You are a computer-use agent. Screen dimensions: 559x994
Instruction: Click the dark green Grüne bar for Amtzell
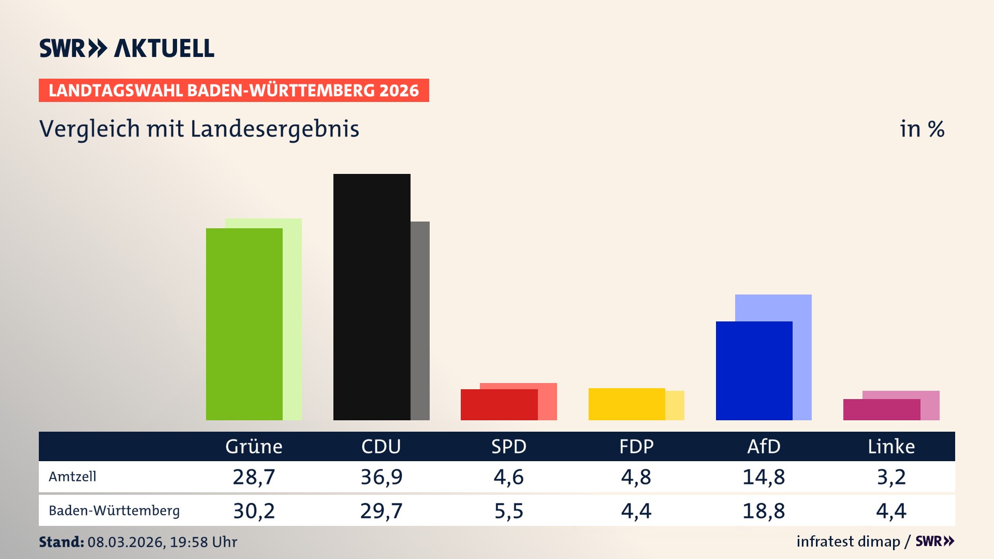click(244, 324)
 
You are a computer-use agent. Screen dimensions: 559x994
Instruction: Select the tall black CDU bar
click(372, 297)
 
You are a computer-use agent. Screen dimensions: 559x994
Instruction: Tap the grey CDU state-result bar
click(420, 321)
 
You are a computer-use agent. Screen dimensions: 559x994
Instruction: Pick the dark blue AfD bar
click(754, 371)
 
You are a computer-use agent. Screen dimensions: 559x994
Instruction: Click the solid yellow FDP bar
click(626, 404)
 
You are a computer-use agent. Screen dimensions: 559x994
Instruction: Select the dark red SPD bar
click(499, 405)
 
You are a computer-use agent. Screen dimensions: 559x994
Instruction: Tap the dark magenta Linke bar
click(881, 409)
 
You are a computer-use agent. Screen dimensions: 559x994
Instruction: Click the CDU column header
click(381, 446)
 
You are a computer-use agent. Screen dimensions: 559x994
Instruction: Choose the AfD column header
click(764, 446)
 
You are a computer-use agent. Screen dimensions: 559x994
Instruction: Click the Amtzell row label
click(72, 477)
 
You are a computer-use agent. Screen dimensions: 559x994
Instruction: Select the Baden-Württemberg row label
click(114, 511)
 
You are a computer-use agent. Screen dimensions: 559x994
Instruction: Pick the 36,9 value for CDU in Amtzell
click(381, 477)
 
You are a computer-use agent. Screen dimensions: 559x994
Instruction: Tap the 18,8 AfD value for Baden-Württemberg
click(764, 511)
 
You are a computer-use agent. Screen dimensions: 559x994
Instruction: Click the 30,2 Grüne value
click(254, 511)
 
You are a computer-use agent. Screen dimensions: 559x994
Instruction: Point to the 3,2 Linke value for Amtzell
click(891, 477)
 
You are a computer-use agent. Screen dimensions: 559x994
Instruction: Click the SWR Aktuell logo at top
click(126, 48)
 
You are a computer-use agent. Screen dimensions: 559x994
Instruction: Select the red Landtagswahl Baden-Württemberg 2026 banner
click(233, 90)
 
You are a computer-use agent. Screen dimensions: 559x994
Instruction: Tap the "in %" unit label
click(922, 129)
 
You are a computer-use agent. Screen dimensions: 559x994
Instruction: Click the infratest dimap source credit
click(848, 541)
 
